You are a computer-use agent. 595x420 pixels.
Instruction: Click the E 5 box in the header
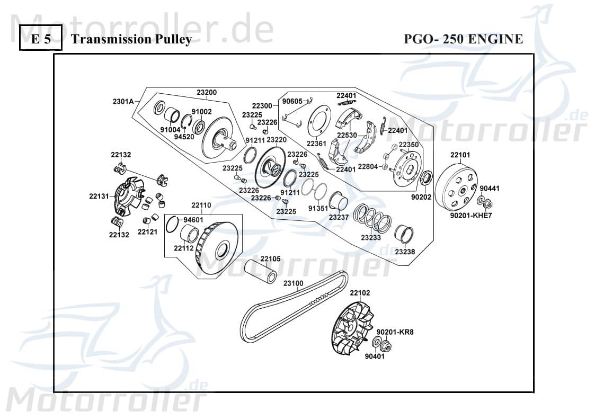40,39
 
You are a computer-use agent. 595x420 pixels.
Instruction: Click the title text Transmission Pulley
130,40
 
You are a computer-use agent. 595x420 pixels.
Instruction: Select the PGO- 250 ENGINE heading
463,39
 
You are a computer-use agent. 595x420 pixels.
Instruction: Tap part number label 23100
293,283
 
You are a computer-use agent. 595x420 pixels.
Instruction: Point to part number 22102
360,293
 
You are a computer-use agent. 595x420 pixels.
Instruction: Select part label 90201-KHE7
472,216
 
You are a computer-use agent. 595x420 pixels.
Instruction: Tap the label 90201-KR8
395,332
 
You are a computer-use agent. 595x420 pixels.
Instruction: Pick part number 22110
201,205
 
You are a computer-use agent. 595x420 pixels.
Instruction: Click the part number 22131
99,196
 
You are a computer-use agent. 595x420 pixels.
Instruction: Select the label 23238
405,252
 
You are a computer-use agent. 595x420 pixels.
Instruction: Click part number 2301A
123,101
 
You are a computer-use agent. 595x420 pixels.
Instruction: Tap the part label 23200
207,92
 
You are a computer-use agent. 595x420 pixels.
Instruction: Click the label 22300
262,105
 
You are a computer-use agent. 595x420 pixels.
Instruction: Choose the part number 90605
292,101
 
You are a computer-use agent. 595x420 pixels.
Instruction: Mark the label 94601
193,219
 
